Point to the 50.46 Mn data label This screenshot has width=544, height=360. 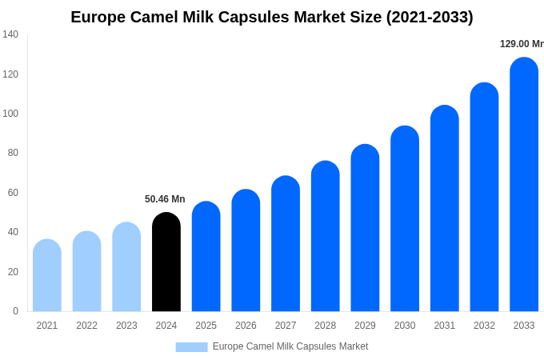coord(165,199)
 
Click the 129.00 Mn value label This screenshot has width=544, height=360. coord(521,44)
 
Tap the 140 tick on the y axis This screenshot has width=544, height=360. coord(10,34)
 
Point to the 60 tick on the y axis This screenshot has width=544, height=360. coord(13,193)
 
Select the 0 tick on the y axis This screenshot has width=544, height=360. coord(15,311)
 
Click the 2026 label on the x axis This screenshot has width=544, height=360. coord(246,326)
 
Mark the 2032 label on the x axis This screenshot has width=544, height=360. coord(484,326)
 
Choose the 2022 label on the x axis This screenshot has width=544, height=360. coord(86,326)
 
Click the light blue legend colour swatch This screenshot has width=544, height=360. coord(191,346)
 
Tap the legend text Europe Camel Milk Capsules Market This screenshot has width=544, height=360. coord(290,346)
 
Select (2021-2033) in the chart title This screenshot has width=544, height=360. coord(430,17)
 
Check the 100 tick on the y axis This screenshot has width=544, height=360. coord(10,114)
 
